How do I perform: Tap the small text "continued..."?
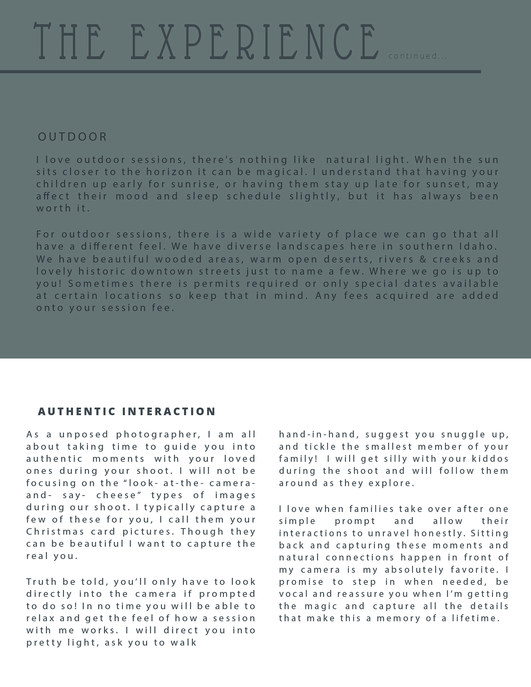tap(417, 56)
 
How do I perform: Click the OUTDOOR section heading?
tap(72, 137)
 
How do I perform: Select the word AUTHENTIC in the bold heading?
tap(77, 411)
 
